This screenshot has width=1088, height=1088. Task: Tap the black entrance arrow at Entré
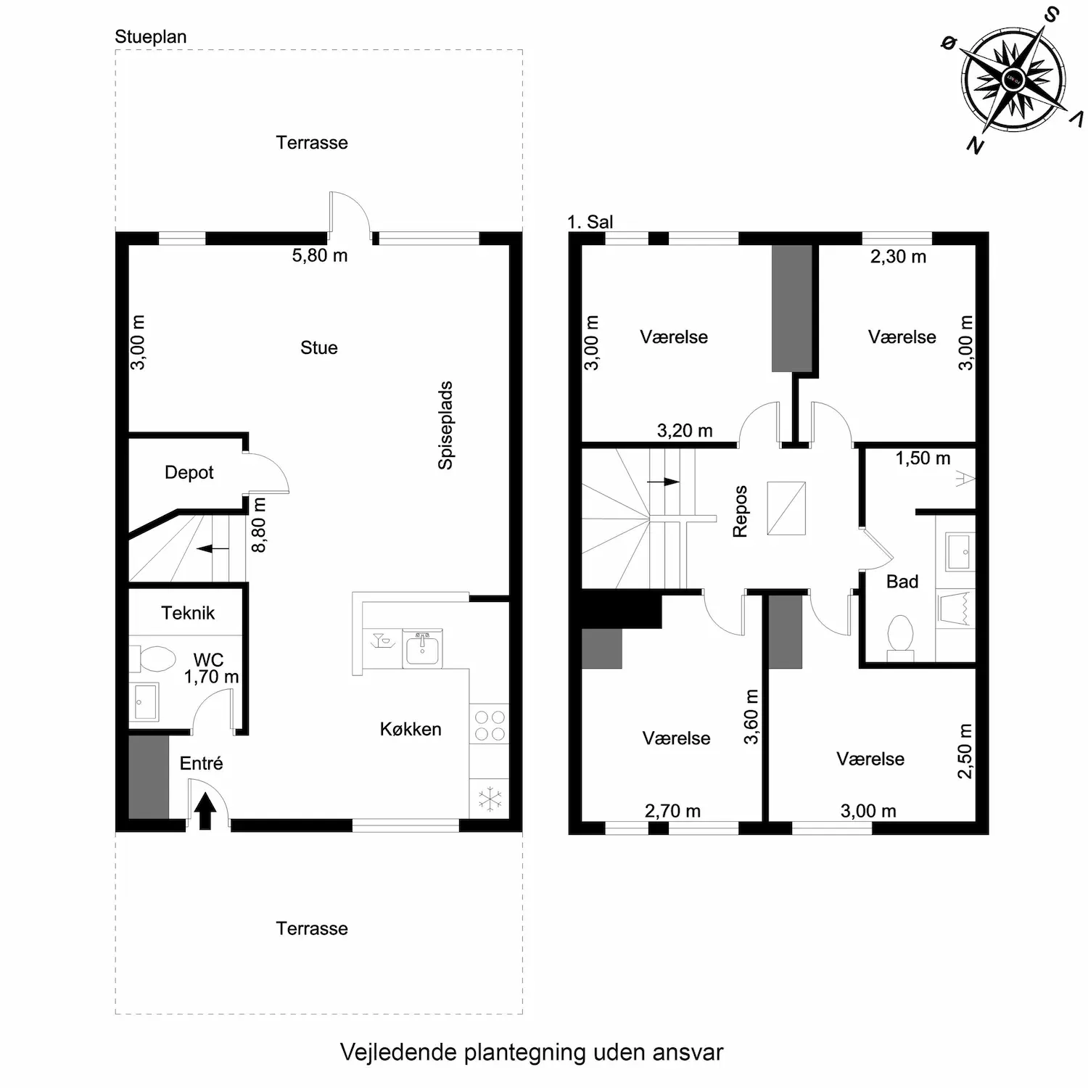[205, 810]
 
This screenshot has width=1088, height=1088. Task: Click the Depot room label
[189, 472]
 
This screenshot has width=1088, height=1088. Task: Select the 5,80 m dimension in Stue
[320, 255]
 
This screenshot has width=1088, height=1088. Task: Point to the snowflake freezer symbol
[490, 799]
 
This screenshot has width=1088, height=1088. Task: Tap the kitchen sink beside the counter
[422, 649]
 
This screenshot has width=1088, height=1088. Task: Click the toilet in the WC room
[153, 659]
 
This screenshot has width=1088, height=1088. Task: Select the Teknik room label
[188, 613]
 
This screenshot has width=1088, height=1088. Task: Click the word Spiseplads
[445, 426]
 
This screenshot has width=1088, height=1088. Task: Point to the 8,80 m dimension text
[259, 524]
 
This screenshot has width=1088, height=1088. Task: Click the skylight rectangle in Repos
[786, 508]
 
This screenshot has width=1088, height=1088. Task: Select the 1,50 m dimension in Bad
[923, 458]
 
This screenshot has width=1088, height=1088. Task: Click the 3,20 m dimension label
[685, 431]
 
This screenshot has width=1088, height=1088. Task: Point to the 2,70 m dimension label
[673, 811]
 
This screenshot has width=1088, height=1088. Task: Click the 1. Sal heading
[590, 222]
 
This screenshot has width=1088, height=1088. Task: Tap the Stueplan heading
[151, 37]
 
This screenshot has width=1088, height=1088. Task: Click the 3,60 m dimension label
[751, 717]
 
